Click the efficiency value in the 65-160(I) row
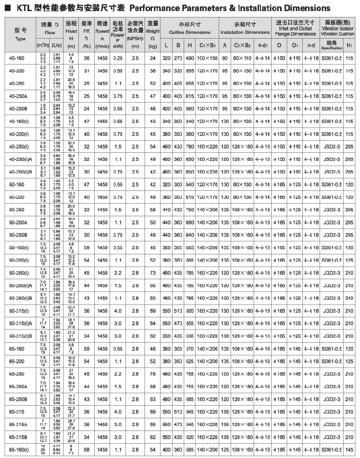tap(87, 450)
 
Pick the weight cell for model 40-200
tap(153, 70)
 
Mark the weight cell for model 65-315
tap(153, 411)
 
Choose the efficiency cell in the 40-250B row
tap(87, 108)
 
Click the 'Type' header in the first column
tap(20, 39)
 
